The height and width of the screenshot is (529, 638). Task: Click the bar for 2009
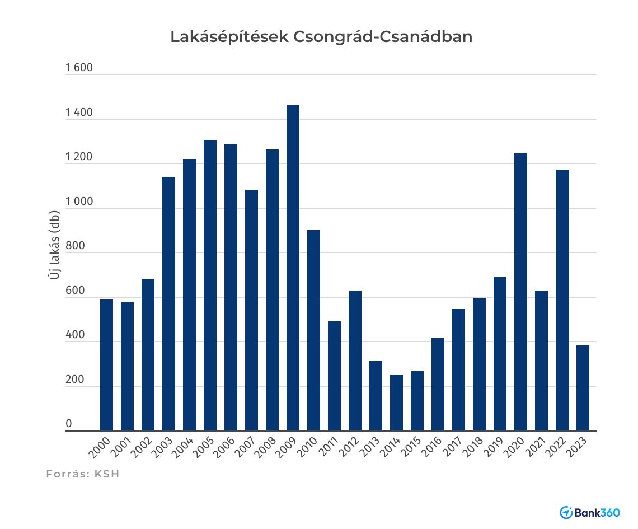pos(293,268)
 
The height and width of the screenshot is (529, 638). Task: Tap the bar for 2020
pos(520,292)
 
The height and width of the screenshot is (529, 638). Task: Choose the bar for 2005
pos(210,285)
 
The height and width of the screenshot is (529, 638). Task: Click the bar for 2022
pos(562,300)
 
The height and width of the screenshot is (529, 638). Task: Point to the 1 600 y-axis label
pos(79,68)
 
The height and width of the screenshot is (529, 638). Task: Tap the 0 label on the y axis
pos(69,424)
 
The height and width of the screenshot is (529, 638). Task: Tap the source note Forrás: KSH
pos(83,474)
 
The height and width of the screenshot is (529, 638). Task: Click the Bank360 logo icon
pos(566,512)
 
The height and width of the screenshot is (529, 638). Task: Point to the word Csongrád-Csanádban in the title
pos(382,37)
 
